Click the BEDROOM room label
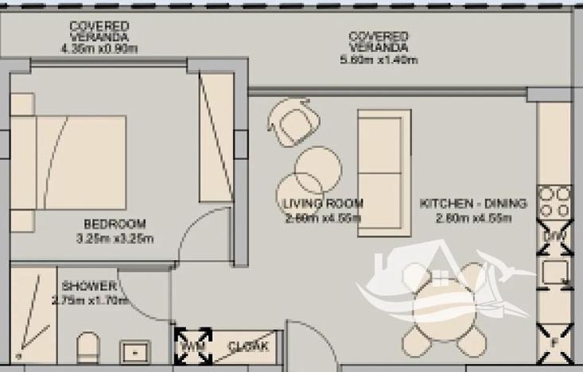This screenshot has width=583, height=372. pyautogui.click(x=115, y=223)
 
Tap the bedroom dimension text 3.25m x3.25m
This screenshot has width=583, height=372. pyautogui.click(x=115, y=238)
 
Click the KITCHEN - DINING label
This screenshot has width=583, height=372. pyautogui.click(x=473, y=204)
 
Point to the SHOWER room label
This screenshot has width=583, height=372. pyautogui.click(x=89, y=286)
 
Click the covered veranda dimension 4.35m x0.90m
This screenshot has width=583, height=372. pyautogui.click(x=99, y=48)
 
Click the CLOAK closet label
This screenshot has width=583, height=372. pyautogui.click(x=249, y=347)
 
